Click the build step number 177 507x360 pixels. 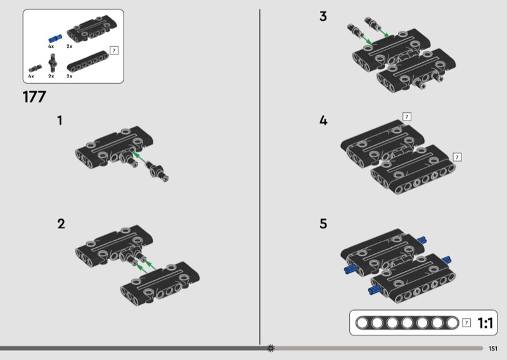tap(34, 97)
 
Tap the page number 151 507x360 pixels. tap(493, 349)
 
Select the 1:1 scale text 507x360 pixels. tap(485, 323)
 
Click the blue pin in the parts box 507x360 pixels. tap(55, 39)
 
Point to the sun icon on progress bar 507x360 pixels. tap(271, 348)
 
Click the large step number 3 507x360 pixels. tap(323, 16)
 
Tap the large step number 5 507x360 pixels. tap(323, 224)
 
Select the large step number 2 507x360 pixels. tap(61, 224)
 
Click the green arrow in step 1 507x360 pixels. tap(139, 157)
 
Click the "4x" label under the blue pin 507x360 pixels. tap(51, 46)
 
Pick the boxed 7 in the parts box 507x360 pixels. tap(114, 51)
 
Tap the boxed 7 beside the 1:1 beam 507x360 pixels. tap(466, 323)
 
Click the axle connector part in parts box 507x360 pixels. tap(53, 63)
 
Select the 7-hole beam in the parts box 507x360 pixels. tap(87, 61)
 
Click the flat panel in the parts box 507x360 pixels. tap(92, 28)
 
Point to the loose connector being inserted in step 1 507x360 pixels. tap(157, 170)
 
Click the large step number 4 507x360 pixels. tap(323, 120)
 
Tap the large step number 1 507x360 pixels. tap(60, 120)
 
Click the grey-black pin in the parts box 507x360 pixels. tap(35, 68)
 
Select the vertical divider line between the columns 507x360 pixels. tap(260, 177)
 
